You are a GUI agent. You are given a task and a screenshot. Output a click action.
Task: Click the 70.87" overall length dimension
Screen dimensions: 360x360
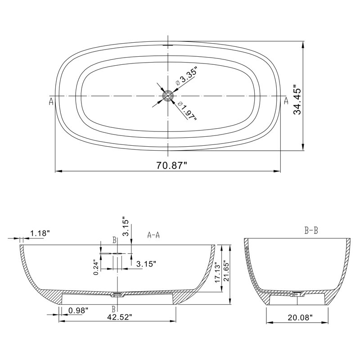[172, 165]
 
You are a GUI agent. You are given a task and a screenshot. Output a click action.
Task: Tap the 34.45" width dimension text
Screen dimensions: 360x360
[298, 99]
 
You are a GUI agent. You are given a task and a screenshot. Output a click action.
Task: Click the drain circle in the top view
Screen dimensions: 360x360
[168, 96]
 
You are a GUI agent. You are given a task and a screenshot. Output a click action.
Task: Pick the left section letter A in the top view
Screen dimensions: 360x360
[51, 101]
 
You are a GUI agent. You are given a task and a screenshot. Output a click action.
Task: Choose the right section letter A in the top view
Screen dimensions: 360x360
[286, 100]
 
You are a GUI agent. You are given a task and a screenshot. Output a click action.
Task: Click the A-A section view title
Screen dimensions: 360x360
[153, 235]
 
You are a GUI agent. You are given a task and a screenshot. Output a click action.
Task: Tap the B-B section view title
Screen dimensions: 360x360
[311, 230]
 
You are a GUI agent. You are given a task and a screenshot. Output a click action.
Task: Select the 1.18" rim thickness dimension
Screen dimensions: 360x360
[40, 234]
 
